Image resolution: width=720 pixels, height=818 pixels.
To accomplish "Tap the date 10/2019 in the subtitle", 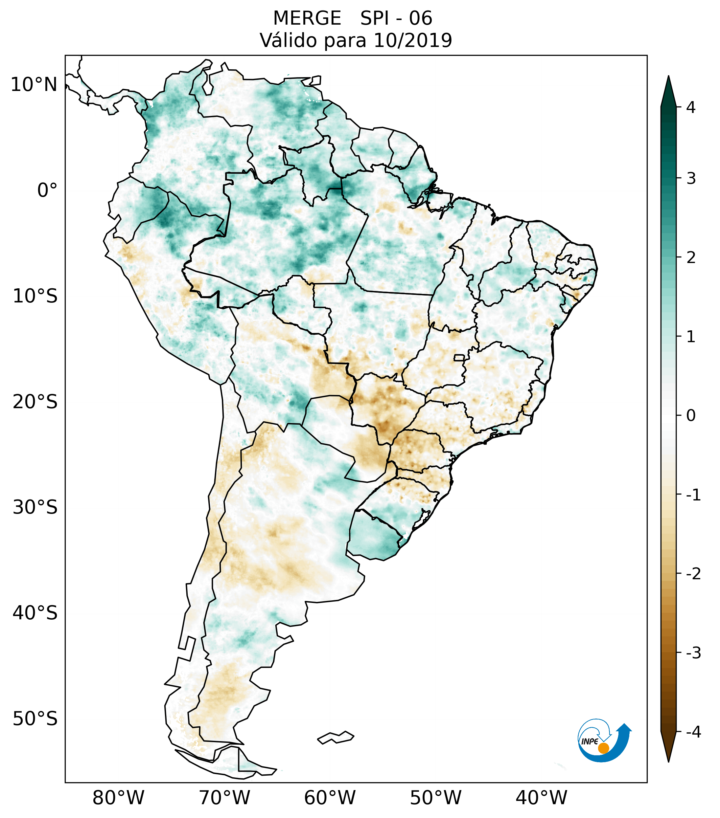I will (412, 40).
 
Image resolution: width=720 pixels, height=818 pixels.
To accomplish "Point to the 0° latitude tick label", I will (47, 190).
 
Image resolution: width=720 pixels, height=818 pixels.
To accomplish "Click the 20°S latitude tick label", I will (35, 402).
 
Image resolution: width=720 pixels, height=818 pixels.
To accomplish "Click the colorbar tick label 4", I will (691, 107).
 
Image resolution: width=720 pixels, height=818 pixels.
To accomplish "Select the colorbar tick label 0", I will (691, 416).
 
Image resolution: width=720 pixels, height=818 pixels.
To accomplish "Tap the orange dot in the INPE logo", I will (603, 748).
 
